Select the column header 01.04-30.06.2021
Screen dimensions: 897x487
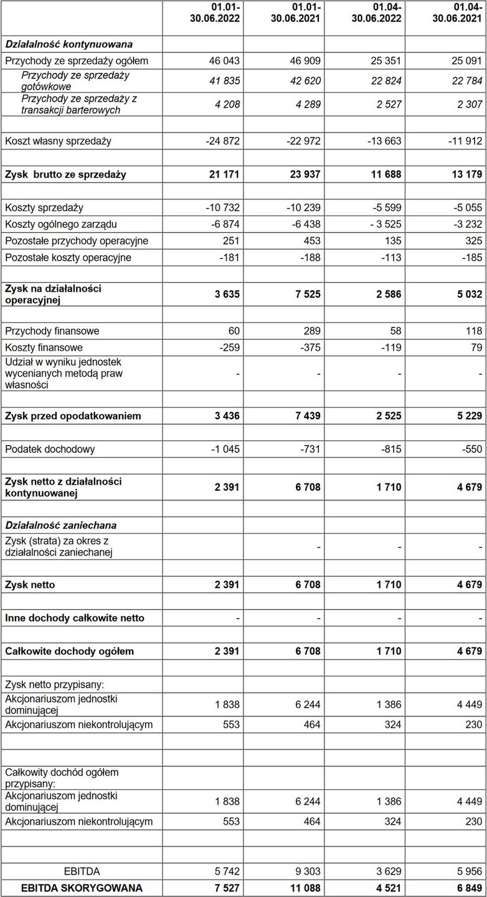point(457,12)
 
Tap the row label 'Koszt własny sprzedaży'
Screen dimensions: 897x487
point(58,141)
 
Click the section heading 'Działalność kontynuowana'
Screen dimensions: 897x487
point(69,44)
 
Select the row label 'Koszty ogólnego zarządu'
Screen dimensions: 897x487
point(60,224)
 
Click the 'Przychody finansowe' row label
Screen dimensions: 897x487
point(52,331)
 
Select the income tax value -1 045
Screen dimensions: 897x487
point(223,449)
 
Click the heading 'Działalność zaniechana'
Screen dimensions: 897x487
point(60,526)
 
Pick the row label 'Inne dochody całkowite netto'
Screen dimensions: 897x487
point(75,618)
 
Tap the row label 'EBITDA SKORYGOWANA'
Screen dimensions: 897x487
point(82,888)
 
